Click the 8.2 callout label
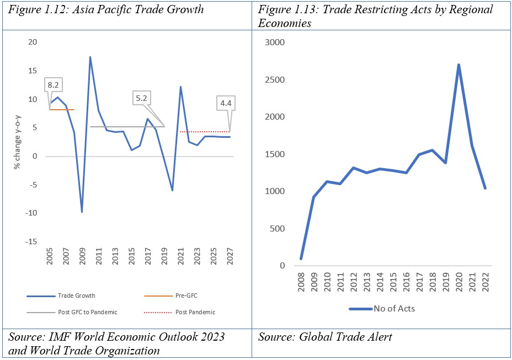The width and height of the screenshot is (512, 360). click(x=54, y=85)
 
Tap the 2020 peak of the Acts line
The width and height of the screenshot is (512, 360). click(x=459, y=65)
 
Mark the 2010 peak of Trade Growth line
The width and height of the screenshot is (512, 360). click(x=90, y=57)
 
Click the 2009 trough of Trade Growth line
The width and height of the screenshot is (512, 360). click(x=82, y=212)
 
